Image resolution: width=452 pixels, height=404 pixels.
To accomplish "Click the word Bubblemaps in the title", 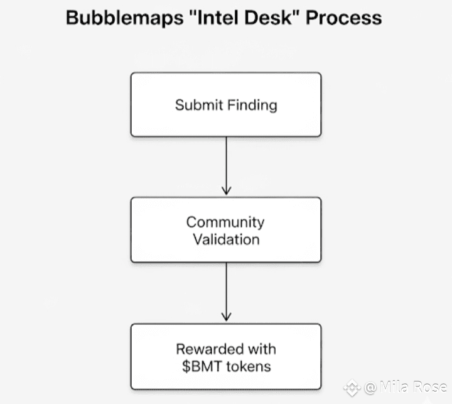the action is click(124, 18).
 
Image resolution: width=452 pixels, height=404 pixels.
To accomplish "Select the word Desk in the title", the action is click(268, 18).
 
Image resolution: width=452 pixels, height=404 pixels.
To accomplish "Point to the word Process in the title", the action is click(343, 18).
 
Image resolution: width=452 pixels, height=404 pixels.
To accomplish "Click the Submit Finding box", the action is click(226, 104).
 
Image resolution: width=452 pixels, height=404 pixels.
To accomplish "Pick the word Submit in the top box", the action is click(199, 105).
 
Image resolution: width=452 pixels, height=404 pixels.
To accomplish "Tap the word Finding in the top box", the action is click(252, 106).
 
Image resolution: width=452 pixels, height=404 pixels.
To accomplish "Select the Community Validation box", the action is click(226, 230).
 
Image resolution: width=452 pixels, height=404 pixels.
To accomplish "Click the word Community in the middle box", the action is click(225, 222).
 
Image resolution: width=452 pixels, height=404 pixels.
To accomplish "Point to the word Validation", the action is click(226, 239).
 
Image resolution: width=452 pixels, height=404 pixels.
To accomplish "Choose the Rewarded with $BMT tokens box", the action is click(226, 357).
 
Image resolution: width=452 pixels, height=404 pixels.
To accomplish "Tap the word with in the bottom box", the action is click(262, 349).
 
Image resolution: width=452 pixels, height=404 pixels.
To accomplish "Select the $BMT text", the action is click(202, 366).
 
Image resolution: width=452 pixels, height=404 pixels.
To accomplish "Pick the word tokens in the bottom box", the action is click(249, 366).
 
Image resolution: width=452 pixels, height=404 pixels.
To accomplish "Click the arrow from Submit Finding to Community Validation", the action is click(226, 166).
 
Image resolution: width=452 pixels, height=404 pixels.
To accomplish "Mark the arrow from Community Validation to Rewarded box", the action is click(226, 292).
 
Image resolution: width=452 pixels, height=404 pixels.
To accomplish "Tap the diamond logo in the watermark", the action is click(352, 387).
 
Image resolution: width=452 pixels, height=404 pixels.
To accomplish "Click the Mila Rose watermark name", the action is click(413, 386).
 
